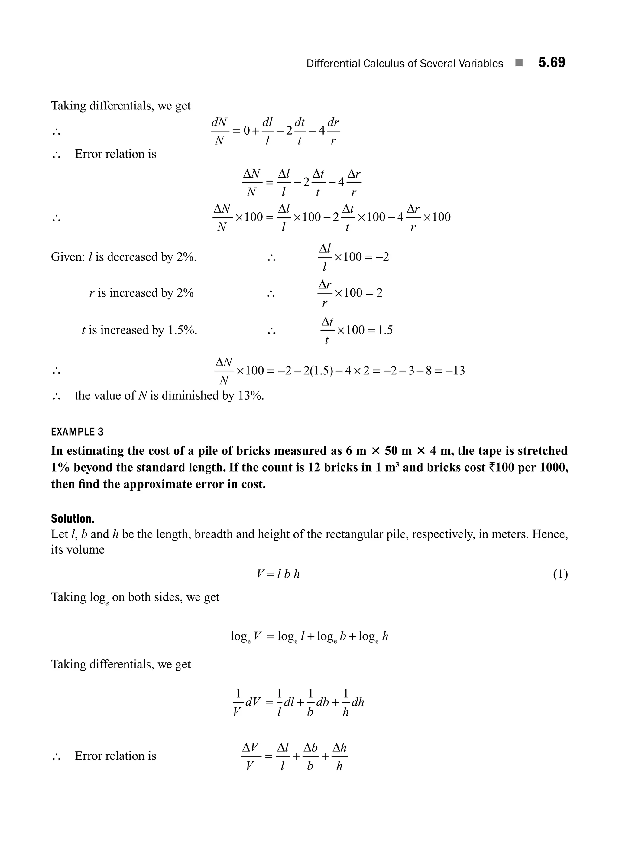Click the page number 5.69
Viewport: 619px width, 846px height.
[x=552, y=63]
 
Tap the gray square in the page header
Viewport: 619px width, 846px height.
[x=519, y=63]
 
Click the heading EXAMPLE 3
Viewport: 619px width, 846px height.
[x=77, y=432]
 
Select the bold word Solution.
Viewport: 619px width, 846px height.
[x=73, y=519]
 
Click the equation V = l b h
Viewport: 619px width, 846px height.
[x=278, y=574]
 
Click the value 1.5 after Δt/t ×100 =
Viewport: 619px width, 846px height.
[x=385, y=330]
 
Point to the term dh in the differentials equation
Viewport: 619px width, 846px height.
[x=358, y=702]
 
